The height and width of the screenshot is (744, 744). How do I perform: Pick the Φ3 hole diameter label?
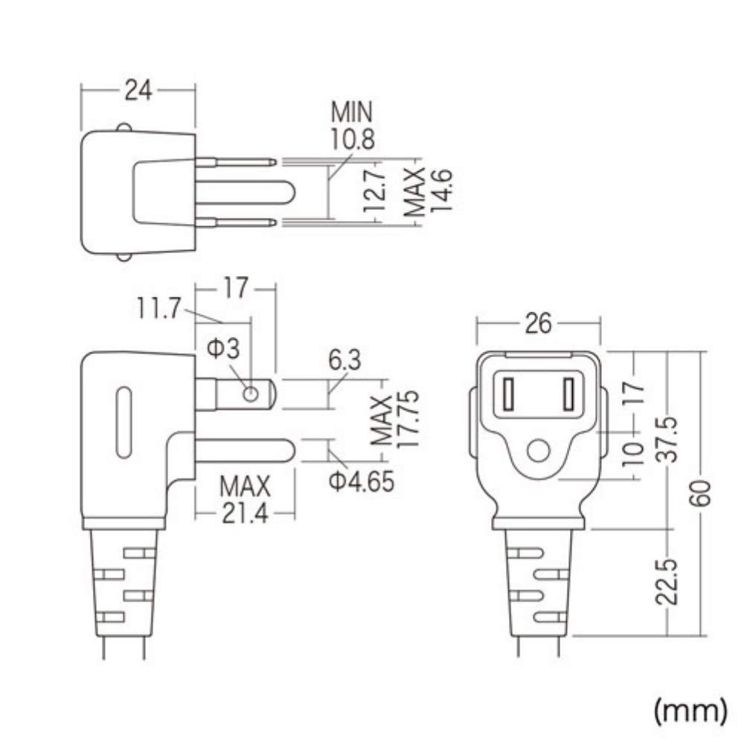pyautogui.click(x=223, y=348)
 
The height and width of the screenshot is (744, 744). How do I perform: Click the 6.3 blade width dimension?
pyautogui.click(x=343, y=362)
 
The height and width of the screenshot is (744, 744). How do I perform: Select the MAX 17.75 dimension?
pyautogui.click(x=395, y=421)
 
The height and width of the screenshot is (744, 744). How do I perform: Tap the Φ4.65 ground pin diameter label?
pyautogui.click(x=361, y=482)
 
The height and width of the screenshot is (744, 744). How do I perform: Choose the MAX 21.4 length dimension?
pyautogui.click(x=244, y=500)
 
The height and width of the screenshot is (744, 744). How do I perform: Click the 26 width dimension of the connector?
pyautogui.click(x=537, y=324)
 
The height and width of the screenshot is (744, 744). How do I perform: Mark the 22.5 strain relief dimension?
pyautogui.click(x=670, y=583)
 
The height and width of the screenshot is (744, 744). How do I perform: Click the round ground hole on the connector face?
pyautogui.click(x=537, y=451)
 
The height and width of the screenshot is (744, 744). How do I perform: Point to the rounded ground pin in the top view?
pyautogui.click(x=253, y=191)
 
